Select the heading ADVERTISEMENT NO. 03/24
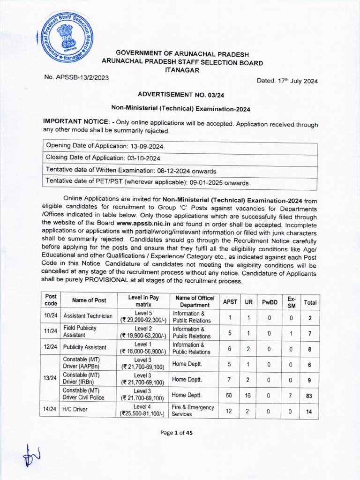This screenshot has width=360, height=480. coord(180,95)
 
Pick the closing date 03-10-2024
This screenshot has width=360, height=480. coord(140,158)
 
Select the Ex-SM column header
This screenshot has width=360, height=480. coord(292,302)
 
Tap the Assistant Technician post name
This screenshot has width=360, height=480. coord(88,316)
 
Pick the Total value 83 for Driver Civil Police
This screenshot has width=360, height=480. coord(310,395)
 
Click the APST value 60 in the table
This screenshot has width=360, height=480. coord(229,395)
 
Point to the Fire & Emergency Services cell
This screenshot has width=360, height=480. coord(193,411)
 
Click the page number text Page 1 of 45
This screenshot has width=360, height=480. coord(176,433)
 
